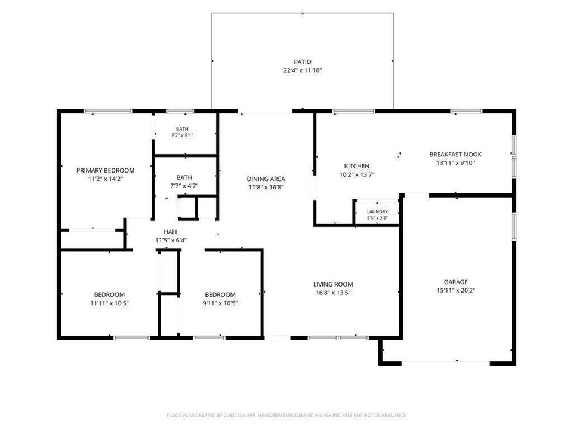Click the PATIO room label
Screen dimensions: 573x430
point(303,62)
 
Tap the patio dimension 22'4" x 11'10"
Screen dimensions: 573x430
point(303,70)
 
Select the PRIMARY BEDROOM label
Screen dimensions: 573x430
point(105,170)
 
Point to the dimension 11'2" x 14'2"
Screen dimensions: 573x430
point(105,179)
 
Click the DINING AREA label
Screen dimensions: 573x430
point(266,179)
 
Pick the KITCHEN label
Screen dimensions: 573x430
point(357,166)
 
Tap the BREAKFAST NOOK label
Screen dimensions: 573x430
point(455,155)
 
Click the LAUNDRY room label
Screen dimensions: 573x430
point(377,211)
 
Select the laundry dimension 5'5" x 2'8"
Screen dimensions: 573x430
point(377,218)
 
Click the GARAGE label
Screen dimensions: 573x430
point(455,282)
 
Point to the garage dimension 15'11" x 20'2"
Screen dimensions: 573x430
point(455,291)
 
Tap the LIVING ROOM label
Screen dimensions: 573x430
point(333,284)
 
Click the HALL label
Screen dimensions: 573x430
point(171,232)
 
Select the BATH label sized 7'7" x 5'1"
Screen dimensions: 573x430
point(183,129)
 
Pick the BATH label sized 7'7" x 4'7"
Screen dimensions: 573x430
point(184,177)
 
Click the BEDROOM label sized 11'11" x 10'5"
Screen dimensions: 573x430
point(109,294)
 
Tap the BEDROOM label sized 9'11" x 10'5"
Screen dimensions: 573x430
point(220,294)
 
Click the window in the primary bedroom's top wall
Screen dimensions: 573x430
point(108,111)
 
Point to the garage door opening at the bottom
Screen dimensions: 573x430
point(446,363)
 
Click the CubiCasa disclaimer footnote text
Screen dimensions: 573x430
point(286,416)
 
